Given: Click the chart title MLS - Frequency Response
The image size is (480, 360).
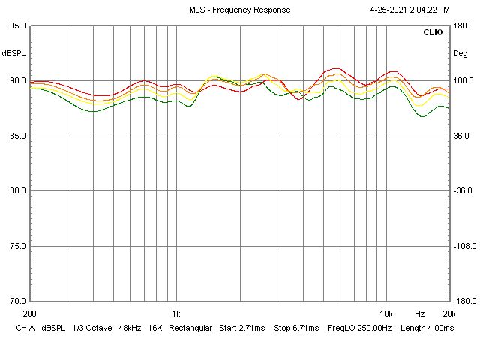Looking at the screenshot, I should coord(240,10).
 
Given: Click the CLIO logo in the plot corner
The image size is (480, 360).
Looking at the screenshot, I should coord(433,33).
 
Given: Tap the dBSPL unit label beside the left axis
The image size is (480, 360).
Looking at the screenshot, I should coord(13,54).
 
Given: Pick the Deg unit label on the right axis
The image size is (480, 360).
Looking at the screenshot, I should coord(459,54).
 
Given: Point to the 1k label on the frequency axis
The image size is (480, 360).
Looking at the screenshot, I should coord(176,313).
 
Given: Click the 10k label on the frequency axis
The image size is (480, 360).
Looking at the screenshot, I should coord(385,313).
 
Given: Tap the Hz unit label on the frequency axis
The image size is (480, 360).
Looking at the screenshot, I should coord(420,313).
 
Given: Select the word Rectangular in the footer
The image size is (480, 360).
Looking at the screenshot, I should coord(191,328).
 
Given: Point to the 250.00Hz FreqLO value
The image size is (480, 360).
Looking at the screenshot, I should coord(358,328).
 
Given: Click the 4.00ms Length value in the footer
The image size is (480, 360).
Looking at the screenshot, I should coord(439,328).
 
